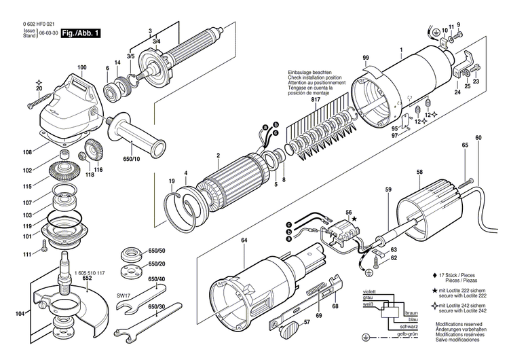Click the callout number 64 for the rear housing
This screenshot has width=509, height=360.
point(244,239)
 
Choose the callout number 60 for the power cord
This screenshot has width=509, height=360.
point(478,139)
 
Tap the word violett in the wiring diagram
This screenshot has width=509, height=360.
point(370,290)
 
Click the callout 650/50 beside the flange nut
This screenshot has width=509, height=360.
point(157,251)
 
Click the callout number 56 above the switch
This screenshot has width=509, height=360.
point(349,213)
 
